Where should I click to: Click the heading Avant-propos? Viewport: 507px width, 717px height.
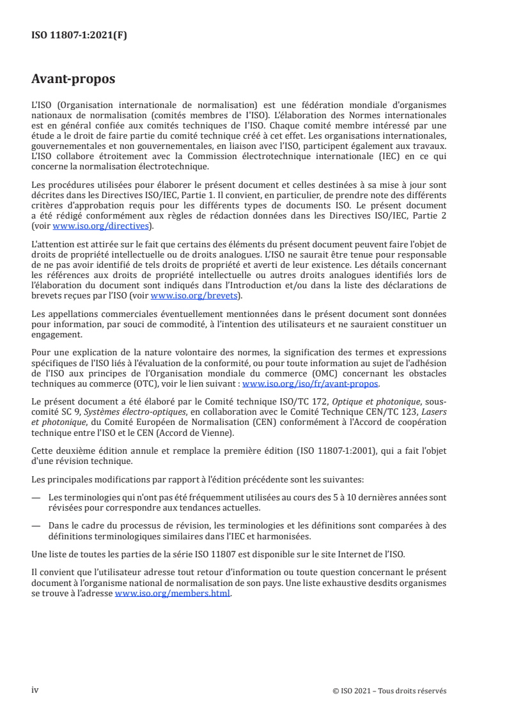73,80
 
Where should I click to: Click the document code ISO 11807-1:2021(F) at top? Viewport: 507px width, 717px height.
79,36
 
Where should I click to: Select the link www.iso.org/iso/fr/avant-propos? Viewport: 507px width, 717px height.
311,384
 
